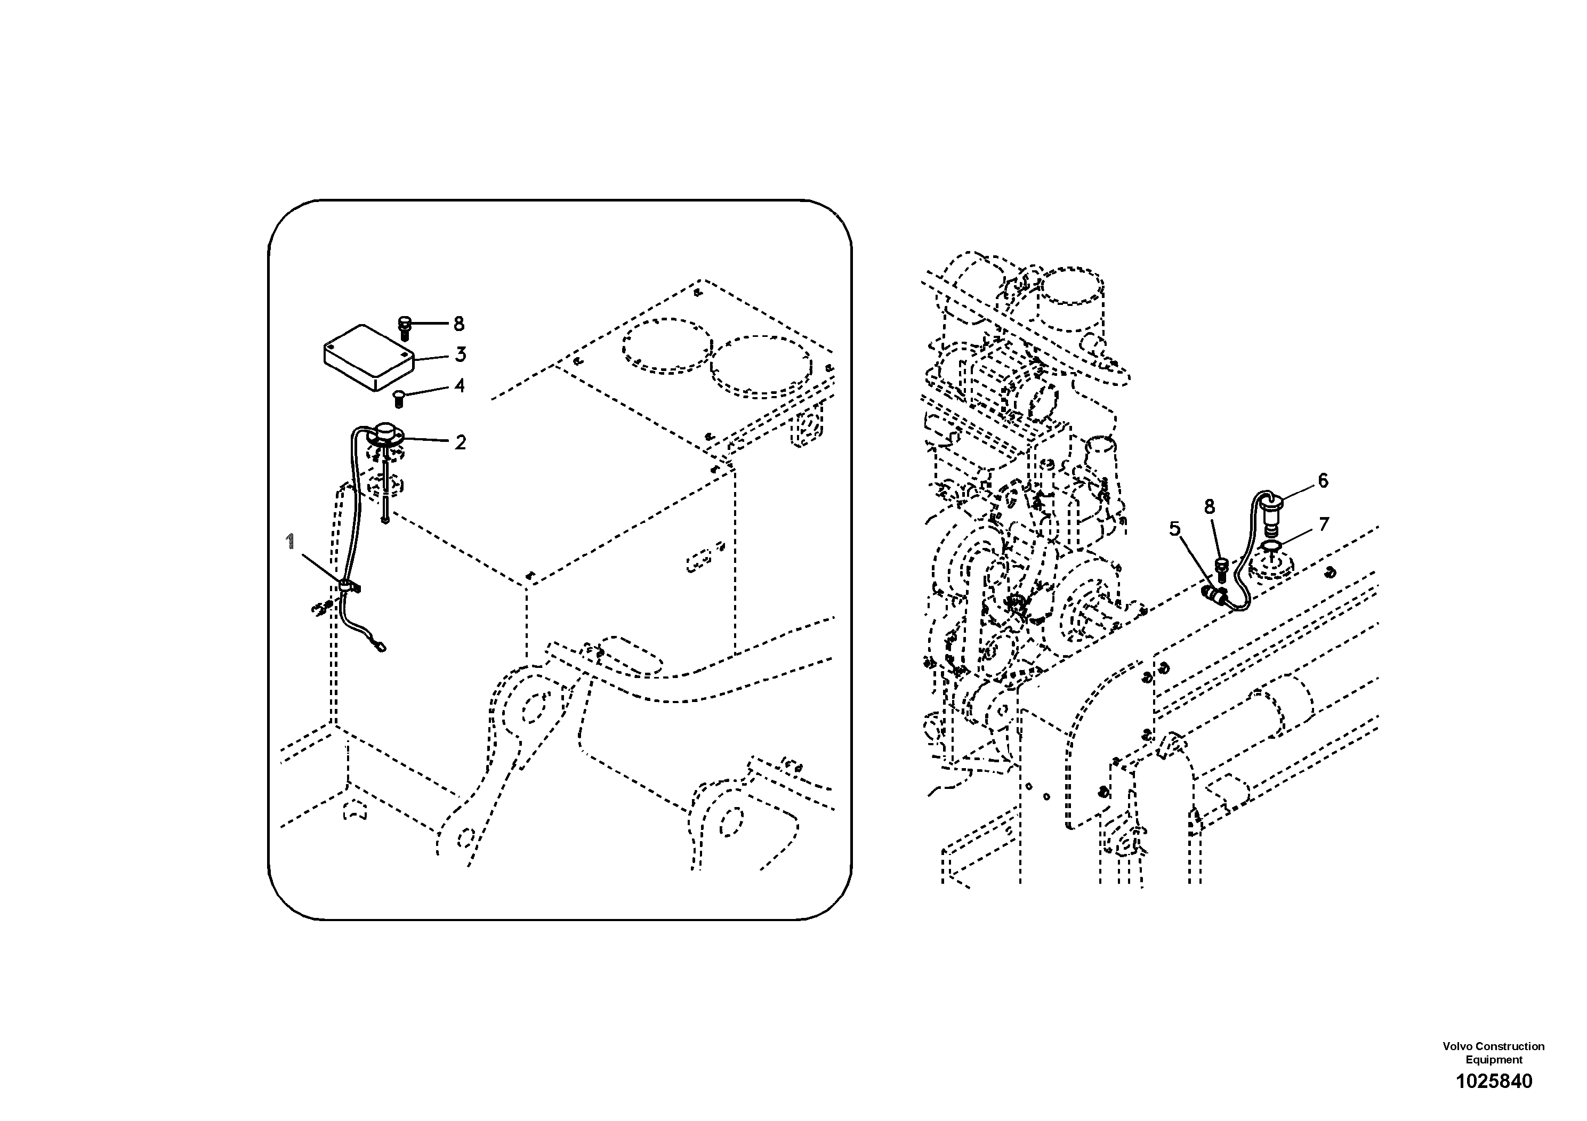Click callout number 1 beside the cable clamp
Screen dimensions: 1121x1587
tap(291, 541)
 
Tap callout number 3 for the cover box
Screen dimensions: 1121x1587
tap(461, 354)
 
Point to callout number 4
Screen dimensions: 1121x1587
tap(460, 385)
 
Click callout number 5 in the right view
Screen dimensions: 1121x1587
tap(1175, 529)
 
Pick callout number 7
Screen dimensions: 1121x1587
tap(1324, 525)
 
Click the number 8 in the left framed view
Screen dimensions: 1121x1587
tap(459, 324)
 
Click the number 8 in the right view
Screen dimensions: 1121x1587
tap(1209, 507)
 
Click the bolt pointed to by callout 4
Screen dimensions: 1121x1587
tap(398, 398)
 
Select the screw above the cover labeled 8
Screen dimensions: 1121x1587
tap(406, 328)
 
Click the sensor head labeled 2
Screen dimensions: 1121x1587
tap(384, 434)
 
